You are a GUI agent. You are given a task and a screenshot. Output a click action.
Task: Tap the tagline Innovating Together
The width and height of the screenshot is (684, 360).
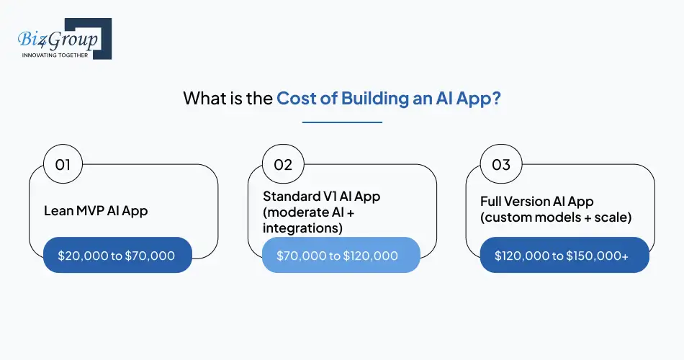[55, 55]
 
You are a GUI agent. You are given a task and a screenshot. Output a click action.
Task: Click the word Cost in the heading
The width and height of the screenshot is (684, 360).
[295, 98]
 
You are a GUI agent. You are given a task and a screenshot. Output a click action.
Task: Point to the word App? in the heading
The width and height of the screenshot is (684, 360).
[477, 98]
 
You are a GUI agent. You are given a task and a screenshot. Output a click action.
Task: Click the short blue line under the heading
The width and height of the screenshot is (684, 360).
[342, 122]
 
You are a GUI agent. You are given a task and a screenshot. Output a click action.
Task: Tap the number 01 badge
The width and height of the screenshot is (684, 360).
[63, 164]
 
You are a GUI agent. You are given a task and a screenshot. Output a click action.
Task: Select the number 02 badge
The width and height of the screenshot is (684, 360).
[282, 164]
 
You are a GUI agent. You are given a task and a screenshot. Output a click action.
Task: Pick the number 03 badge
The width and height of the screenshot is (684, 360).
[501, 164]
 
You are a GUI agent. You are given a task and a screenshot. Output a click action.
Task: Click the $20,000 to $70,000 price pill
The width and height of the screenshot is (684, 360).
[117, 255]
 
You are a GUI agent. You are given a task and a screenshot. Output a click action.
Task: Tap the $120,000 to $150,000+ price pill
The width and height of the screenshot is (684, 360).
[564, 255]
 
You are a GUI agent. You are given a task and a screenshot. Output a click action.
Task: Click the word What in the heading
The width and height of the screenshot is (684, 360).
[204, 98]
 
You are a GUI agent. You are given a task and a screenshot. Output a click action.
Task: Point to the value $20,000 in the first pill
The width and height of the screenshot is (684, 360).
[83, 255]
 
